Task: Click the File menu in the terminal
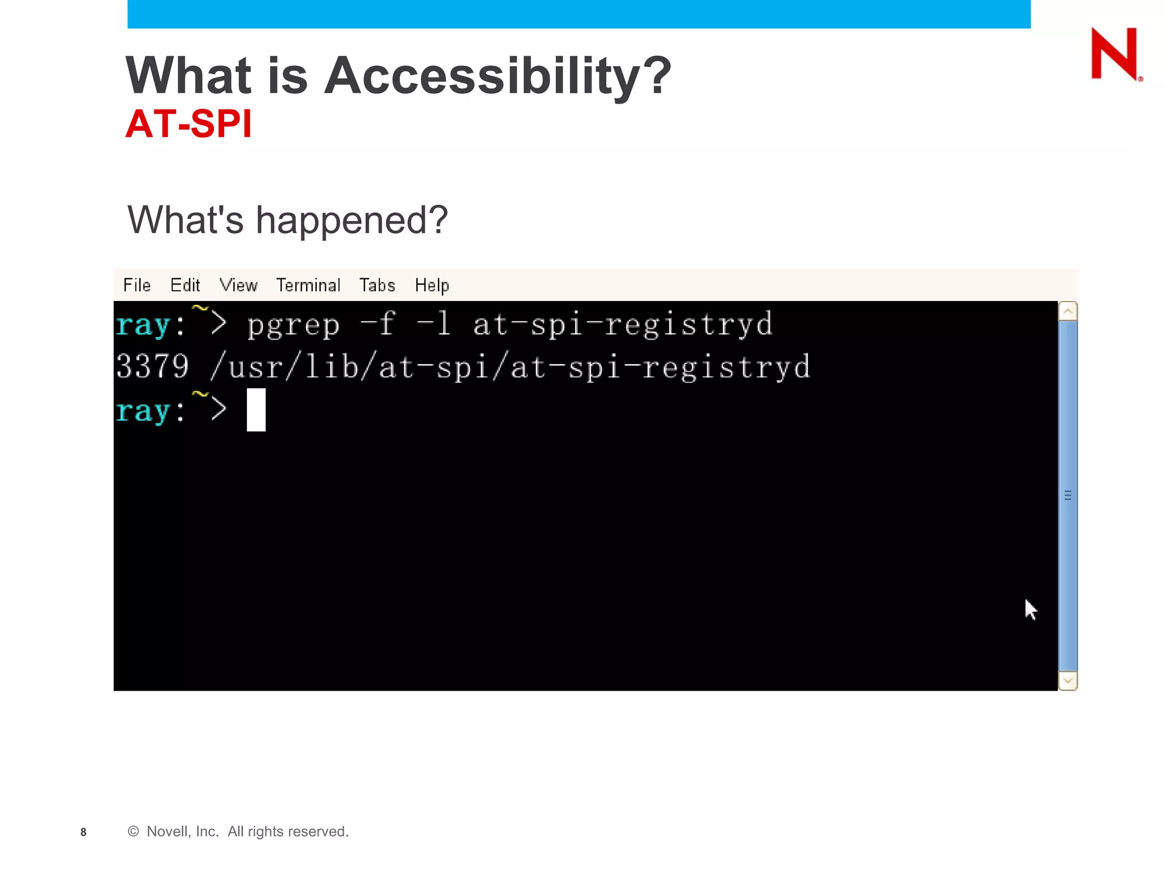(137, 285)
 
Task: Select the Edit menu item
(185, 285)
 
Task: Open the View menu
(238, 285)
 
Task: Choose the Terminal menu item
(308, 285)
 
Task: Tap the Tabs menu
(377, 285)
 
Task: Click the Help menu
(432, 285)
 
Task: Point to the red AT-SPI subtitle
(188, 123)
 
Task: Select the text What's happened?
(288, 220)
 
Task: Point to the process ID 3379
(152, 366)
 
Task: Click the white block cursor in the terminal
(256, 410)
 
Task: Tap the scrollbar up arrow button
(1068, 311)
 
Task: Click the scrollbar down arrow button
(1068, 681)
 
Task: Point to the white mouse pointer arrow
(1030, 609)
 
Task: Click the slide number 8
(84, 832)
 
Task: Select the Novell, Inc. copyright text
(238, 831)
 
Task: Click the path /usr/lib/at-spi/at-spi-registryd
(510, 367)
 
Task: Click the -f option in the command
(378, 324)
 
